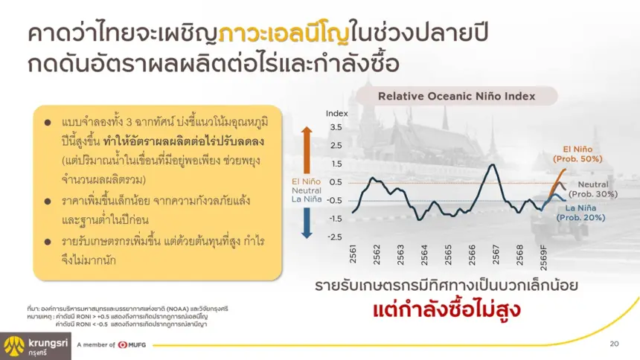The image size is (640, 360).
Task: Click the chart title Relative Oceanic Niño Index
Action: click(456, 97)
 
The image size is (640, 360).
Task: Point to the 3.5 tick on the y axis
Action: click(336, 127)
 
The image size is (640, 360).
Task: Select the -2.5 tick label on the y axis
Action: click(335, 237)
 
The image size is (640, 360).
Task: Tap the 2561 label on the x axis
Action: click(353, 254)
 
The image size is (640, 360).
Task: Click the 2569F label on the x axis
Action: click(544, 257)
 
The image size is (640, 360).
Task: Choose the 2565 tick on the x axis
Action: click(448, 254)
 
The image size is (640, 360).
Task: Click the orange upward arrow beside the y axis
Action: click(307, 150)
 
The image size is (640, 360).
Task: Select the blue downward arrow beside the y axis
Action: click(307, 223)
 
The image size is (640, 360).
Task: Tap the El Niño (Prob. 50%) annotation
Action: click(577, 154)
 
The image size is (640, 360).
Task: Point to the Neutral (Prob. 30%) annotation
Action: click(593, 190)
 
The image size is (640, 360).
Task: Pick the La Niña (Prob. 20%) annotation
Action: click(580, 213)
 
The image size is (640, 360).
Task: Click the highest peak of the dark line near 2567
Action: click(493, 164)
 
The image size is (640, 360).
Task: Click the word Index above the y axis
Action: click(336, 114)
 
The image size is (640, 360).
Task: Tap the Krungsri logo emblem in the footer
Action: click(14, 347)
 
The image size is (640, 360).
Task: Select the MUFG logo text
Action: click(137, 345)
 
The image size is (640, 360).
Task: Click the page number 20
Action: click(614, 344)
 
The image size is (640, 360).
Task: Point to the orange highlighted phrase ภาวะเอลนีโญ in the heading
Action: click(284, 34)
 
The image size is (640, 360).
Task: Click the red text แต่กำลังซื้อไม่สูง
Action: click(447, 310)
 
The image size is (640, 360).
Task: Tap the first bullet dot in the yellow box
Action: click(48, 123)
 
